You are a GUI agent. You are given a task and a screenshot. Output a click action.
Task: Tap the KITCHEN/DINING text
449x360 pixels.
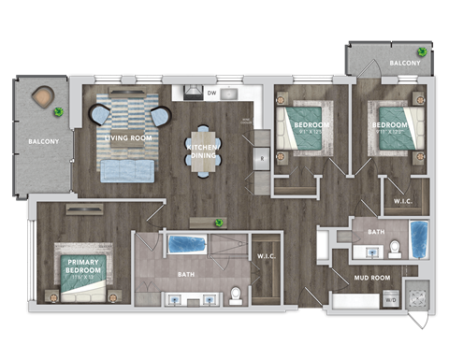click(203, 153)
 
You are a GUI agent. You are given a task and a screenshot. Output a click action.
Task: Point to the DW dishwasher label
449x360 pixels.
click(211, 94)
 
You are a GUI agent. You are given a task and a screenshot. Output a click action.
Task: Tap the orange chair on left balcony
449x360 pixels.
click(43, 97)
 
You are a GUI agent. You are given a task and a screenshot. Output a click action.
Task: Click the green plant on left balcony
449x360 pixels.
click(59, 113)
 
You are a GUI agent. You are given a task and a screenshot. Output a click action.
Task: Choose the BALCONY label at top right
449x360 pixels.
click(404, 63)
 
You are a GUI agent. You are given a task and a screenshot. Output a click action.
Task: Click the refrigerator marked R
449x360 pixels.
click(264, 159)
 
